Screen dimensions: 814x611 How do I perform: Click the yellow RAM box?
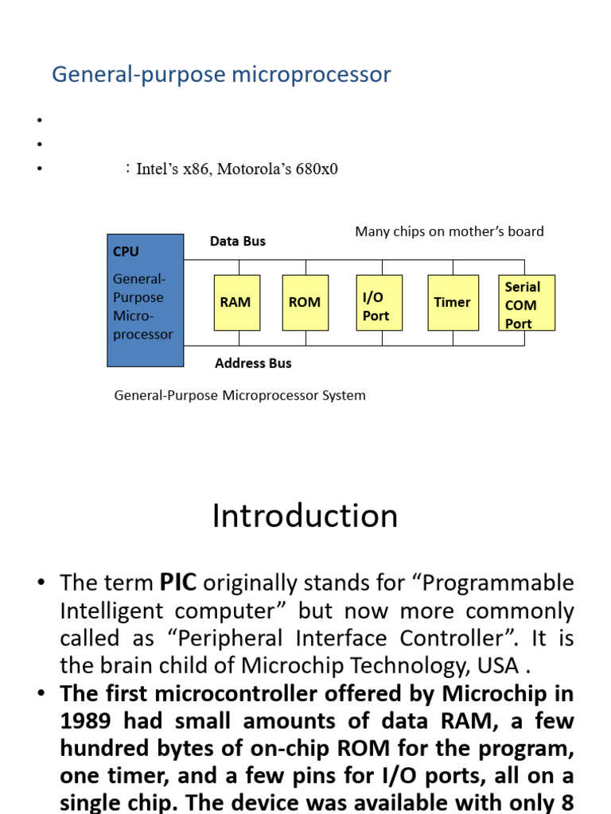236,302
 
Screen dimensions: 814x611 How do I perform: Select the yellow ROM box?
305,302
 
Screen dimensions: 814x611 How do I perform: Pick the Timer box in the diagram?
453,302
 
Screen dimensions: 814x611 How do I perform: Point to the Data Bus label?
237,241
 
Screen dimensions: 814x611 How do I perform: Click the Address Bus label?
253,363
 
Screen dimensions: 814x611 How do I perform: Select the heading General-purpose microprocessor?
221,75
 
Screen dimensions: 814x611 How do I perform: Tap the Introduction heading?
305,516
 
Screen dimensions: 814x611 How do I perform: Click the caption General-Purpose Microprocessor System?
240,395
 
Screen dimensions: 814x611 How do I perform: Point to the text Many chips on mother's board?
449,231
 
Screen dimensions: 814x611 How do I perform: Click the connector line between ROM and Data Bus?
305,267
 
